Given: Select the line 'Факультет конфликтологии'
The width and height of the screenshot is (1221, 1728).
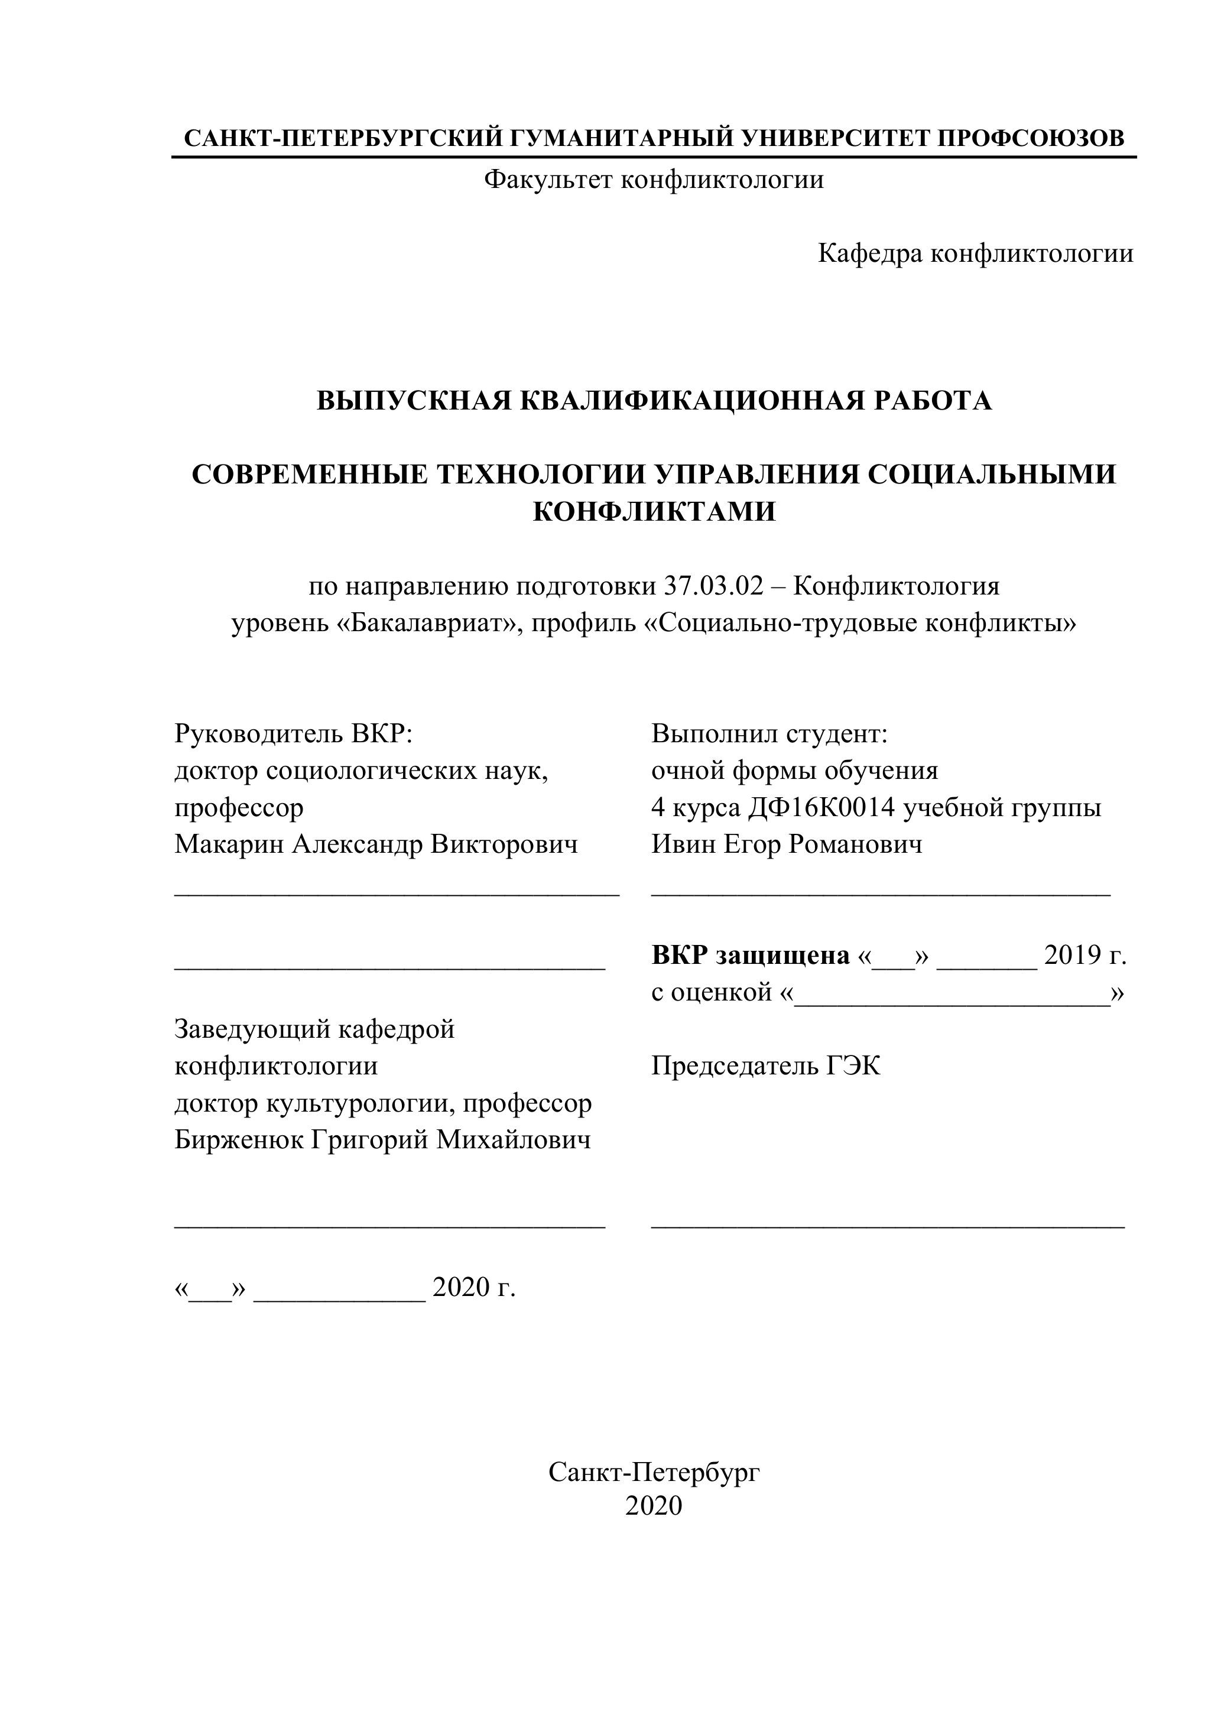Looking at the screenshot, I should [x=654, y=180].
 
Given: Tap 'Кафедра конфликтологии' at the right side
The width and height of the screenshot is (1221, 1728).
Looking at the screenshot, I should [x=975, y=254].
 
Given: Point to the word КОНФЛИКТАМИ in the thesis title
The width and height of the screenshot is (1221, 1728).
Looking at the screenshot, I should [x=654, y=512].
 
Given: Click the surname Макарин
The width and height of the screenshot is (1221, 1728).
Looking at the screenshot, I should [x=229, y=844].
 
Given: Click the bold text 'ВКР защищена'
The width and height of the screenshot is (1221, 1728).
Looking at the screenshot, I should [x=750, y=955].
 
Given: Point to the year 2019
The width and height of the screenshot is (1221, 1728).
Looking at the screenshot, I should [x=1072, y=955].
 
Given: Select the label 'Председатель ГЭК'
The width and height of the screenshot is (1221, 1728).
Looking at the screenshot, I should [x=765, y=1066].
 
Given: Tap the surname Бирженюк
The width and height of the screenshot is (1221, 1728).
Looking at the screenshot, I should [x=238, y=1139].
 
